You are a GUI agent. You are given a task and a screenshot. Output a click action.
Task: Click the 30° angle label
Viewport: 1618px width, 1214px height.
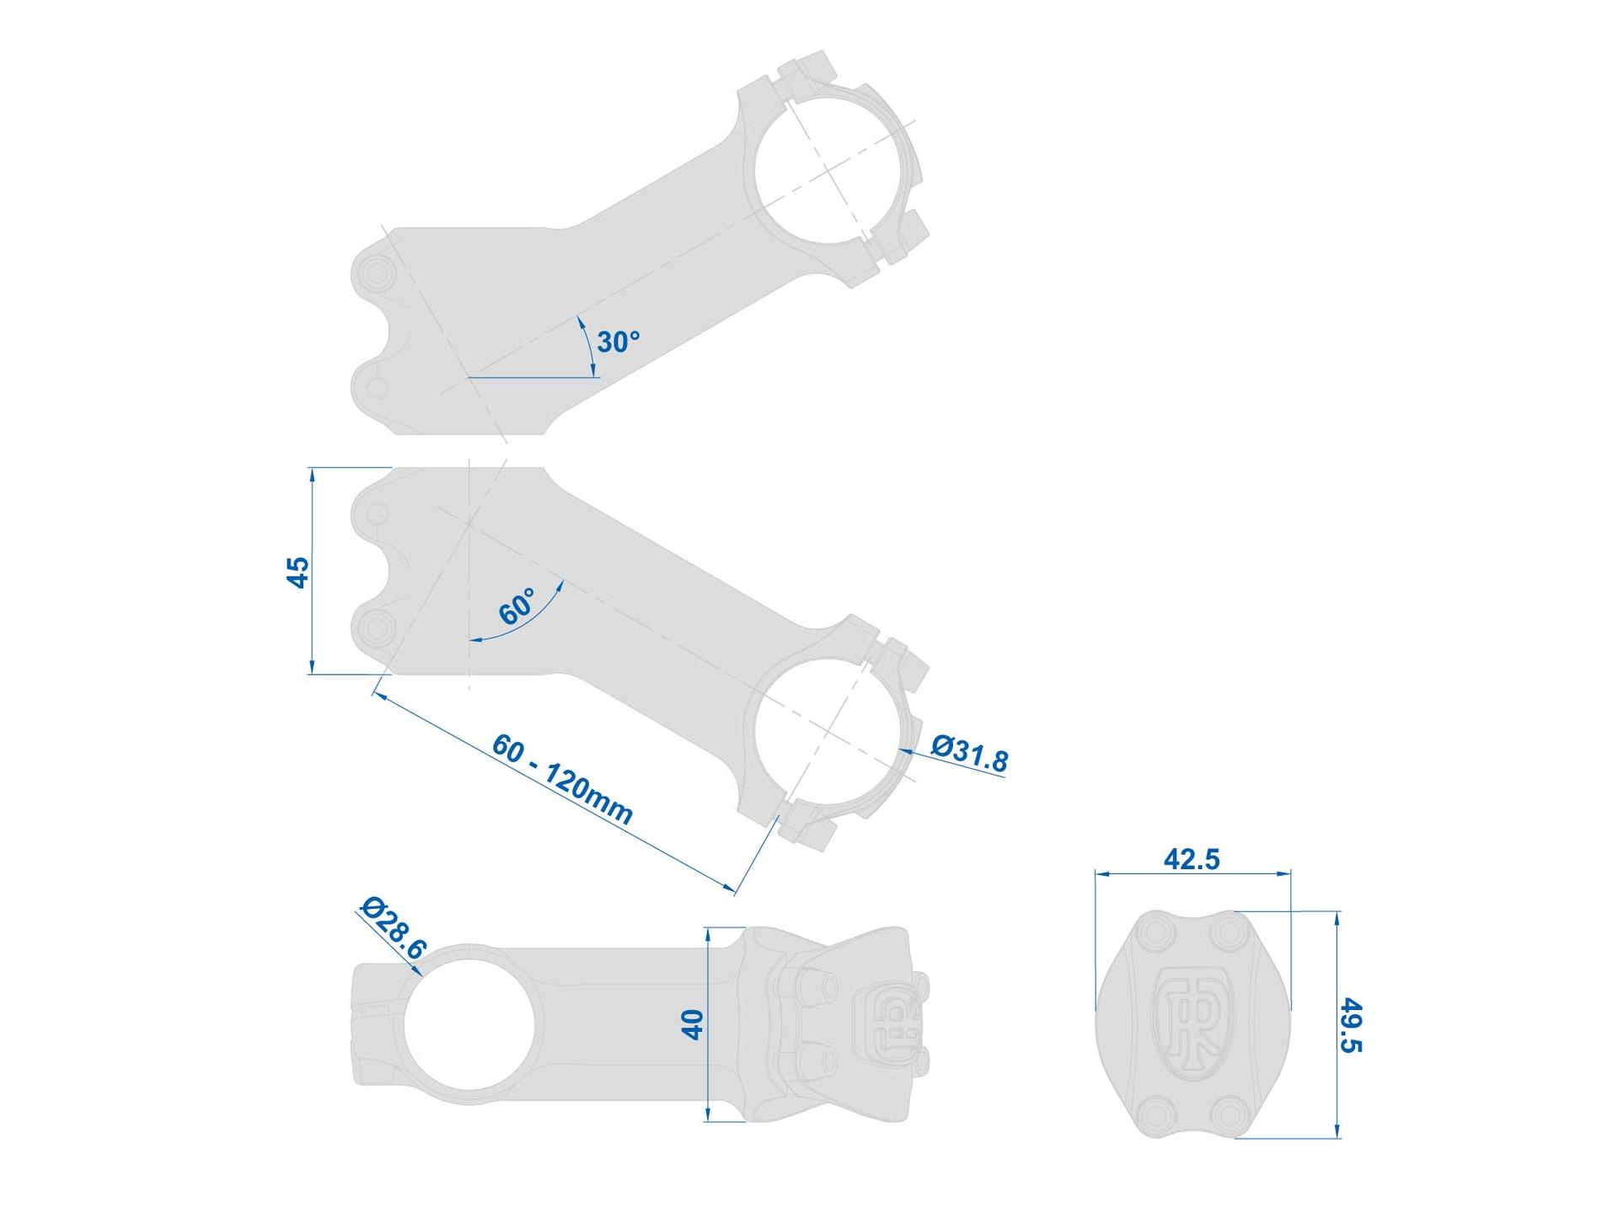point(618,342)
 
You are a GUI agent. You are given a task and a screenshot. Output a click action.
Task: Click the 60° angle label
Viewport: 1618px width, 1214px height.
point(517,606)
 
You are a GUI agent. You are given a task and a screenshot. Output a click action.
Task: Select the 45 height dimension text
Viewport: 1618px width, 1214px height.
point(298,572)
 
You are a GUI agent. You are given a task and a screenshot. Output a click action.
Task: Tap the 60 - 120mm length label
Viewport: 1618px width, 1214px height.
point(562,779)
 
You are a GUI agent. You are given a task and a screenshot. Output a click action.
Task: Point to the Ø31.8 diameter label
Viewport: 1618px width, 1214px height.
point(969,753)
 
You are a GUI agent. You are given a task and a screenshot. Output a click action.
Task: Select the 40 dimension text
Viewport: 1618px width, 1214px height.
point(693,1024)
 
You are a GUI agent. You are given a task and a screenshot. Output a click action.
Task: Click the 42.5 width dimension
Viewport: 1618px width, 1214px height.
point(1192,859)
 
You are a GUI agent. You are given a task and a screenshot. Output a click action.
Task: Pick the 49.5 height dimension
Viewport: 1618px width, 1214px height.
point(1351,1025)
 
